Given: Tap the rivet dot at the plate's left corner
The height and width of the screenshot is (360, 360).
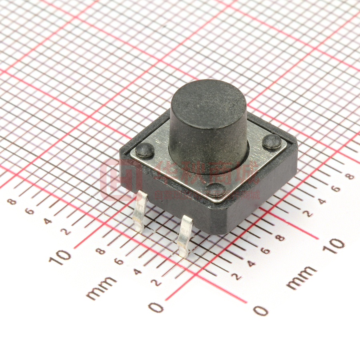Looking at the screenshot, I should click(144, 150).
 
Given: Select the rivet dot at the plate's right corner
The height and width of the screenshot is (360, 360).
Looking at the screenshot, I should click(272, 141).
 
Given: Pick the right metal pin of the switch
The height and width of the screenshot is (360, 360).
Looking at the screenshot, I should click(184, 236).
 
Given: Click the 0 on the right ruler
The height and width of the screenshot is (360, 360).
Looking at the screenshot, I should click(261, 310).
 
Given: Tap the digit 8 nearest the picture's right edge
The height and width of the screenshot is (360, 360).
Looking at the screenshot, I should click(351, 176).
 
